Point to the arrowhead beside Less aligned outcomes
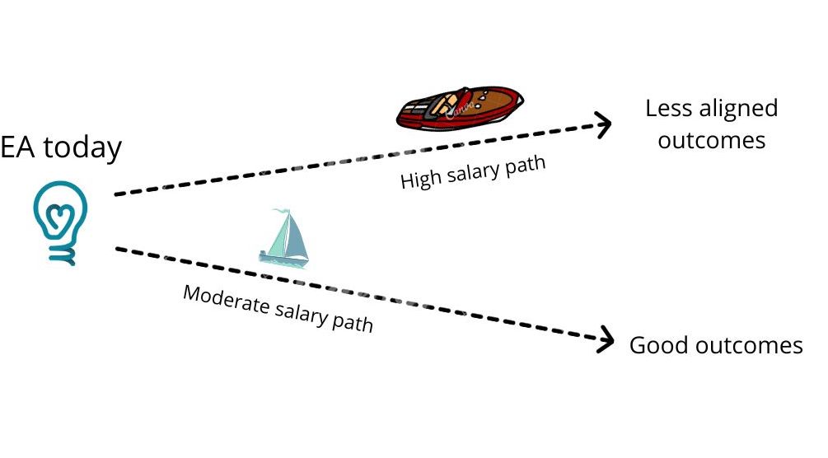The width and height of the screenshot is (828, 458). (x=604, y=124)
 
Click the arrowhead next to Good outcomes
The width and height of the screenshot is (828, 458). (x=607, y=339)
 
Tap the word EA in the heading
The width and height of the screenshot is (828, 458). (x=19, y=148)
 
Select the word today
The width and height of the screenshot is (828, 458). (x=82, y=148)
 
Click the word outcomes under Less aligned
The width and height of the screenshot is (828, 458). (x=712, y=140)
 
